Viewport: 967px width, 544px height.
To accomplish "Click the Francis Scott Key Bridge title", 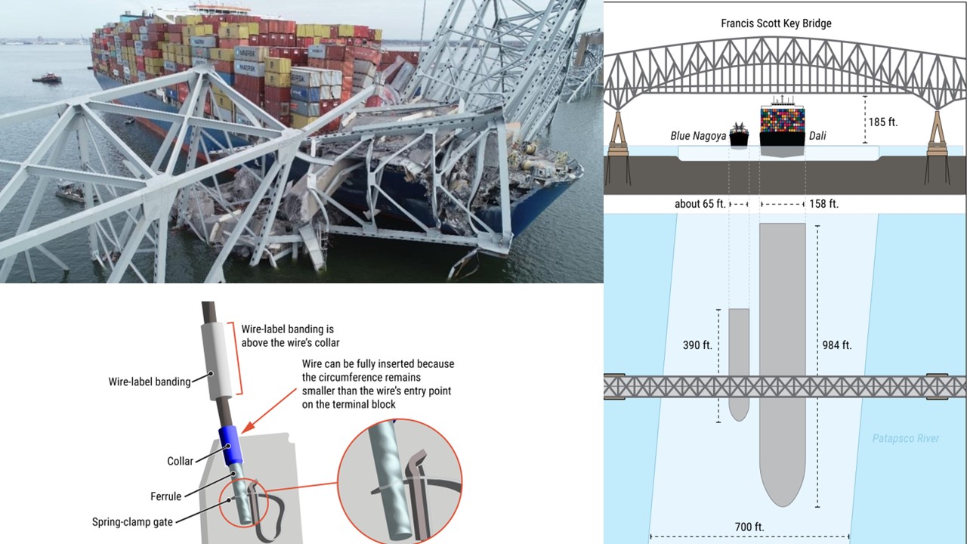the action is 776,23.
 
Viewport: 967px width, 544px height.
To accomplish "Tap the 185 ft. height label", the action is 883,122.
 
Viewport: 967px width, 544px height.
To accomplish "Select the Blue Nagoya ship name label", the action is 698,136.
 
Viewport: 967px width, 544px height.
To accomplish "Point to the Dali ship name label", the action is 817,136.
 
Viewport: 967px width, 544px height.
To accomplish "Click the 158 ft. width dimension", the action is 823,204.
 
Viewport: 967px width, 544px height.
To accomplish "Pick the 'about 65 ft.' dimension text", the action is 700,204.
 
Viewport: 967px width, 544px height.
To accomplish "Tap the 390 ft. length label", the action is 697,345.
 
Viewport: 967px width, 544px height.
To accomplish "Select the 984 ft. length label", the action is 836,345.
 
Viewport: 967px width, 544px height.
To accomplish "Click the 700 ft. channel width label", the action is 749,527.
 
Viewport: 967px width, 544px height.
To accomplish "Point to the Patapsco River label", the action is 906,439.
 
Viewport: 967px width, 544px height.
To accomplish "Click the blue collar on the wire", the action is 231,446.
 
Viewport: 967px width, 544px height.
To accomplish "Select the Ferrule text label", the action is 165,496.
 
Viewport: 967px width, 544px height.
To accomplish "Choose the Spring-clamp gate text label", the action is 132,522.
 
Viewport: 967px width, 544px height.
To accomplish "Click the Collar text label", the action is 180,461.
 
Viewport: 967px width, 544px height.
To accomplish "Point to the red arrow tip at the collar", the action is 243,432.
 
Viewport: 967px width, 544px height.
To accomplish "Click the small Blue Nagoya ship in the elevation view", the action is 739,134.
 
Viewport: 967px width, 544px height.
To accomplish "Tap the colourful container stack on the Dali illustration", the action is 782,120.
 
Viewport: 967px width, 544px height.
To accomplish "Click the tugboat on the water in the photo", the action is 47,78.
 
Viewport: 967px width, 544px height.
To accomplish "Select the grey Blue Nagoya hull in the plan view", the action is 739,365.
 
